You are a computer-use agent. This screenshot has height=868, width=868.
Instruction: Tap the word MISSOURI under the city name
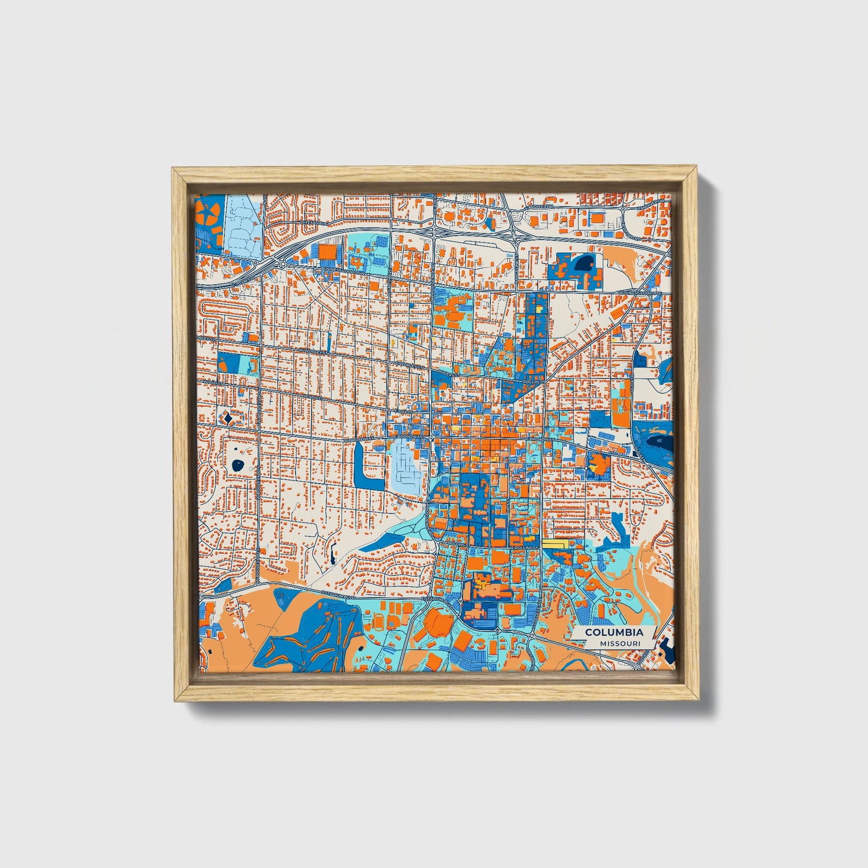coord(619,644)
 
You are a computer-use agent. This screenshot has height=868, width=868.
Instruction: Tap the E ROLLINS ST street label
coord(524,548)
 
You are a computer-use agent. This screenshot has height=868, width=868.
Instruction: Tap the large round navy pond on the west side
coord(239,464)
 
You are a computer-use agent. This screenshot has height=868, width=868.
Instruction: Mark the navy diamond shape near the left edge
coord(228,416)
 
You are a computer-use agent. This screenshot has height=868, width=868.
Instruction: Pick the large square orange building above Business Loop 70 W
coord(328,252)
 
